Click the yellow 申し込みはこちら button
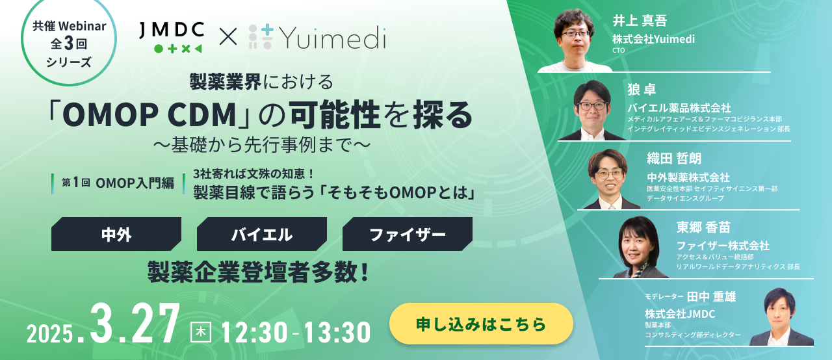[x=481, y=324]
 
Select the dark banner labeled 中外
[x=116, y=235]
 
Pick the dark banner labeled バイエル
[x=262, y=235]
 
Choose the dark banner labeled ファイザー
[x=408, y=235]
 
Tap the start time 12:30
[x=253, y=331]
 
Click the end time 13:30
[x=335, y=331]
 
